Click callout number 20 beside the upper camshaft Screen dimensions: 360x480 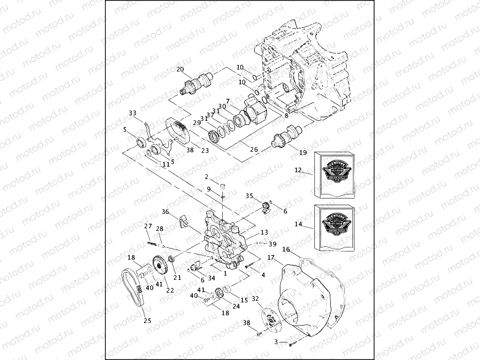[x=180, y=69]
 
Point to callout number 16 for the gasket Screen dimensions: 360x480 [x=287, y=249]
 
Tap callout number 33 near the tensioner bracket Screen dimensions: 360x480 [x=133, y=113]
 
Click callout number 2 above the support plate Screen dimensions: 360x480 [x=207, y=177]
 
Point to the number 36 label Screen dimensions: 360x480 [x=165, y=211]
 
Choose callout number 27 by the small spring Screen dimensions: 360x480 [x=148, y=226]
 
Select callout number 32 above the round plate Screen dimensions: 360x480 [x=255, y=298]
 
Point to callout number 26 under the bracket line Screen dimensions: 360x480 [x=253, y=150]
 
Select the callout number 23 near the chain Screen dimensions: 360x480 [x=205, y=151]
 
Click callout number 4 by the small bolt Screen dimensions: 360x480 [x=263, y=275]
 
